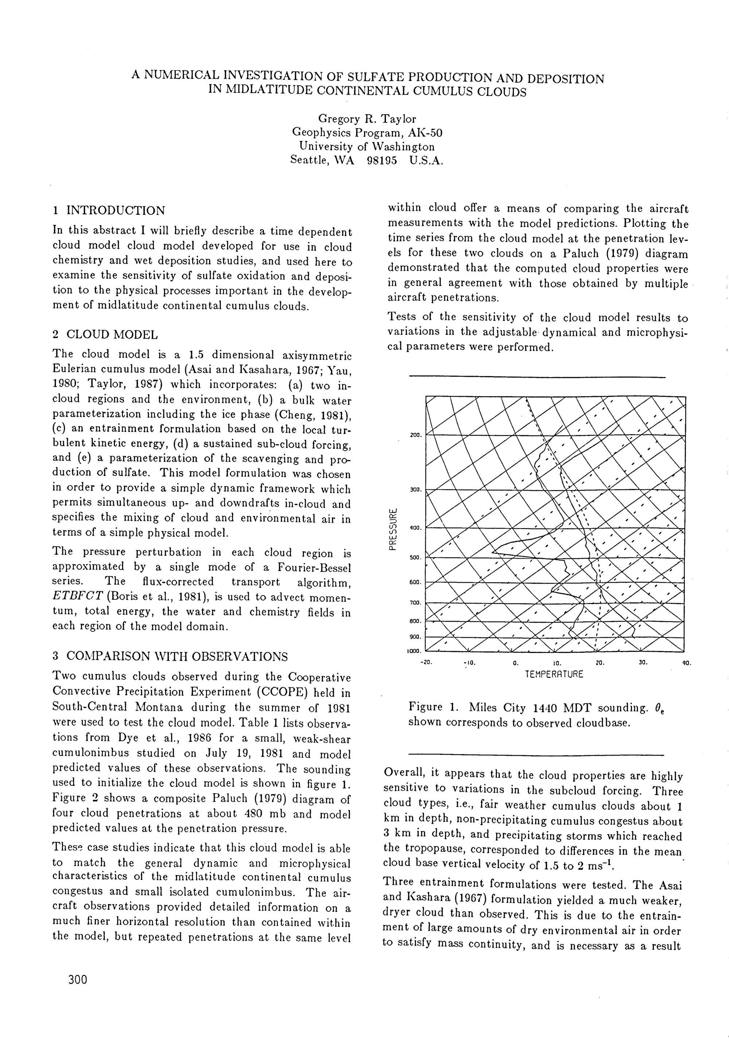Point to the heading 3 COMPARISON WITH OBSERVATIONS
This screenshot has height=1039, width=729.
(170, 656)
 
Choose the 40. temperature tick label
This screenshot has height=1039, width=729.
(686, 663)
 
